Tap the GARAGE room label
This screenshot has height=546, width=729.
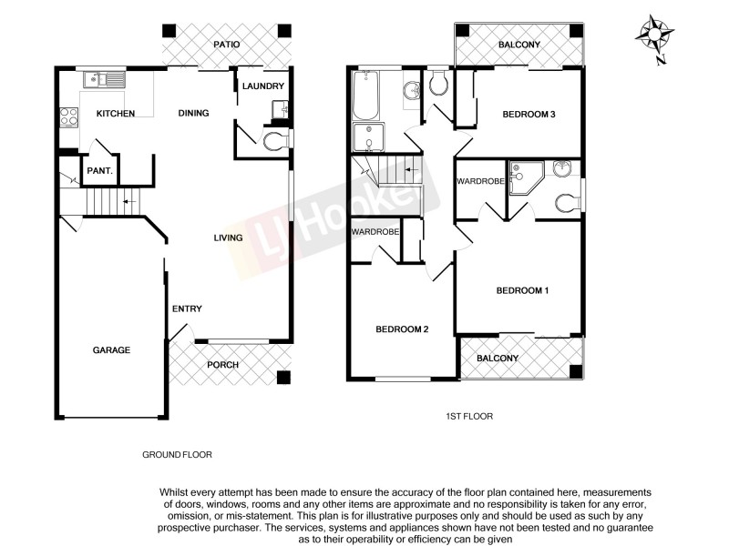(111, 350)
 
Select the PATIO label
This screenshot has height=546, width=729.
(225, 44)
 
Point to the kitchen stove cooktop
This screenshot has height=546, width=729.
(68, 116)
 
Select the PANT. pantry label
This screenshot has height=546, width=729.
(99, 171)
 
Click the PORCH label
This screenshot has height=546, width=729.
(223, 365)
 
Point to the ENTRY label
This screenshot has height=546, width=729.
(187, 308)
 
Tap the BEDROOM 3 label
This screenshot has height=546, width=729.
(530, 115)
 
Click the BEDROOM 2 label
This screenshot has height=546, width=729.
(402, 329)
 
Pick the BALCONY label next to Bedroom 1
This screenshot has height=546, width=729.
(498, 359)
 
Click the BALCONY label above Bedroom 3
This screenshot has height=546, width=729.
(519, 45)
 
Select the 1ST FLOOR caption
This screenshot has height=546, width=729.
(468, 417)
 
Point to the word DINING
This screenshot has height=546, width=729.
(194, 114)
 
